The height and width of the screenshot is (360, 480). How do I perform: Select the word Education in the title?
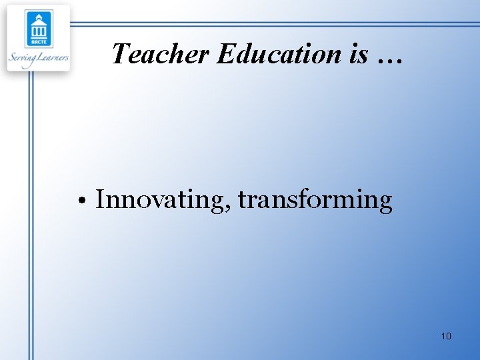tap(278, 53)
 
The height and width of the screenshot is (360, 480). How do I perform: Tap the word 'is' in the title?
tap(358, 53)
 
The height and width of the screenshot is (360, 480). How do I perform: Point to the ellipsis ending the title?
tap(389, 60)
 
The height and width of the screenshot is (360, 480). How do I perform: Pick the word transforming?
tap(315, 199)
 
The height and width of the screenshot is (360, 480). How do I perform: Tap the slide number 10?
tap(446, 336)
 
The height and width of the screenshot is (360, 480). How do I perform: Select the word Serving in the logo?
tap(24, 58)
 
